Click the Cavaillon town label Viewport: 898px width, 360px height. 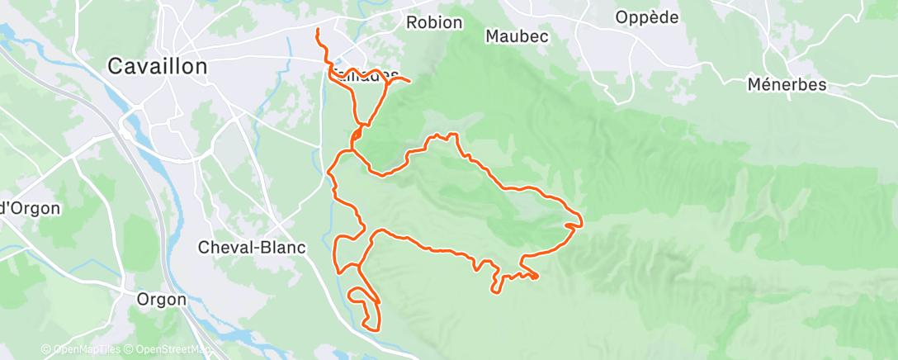[158, 67]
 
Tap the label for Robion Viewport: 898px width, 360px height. [434, 22]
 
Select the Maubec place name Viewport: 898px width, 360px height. [517, 36]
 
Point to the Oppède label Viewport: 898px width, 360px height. [647, 17]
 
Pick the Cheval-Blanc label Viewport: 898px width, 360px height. [241, 247]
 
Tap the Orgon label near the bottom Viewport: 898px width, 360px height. [162, 300]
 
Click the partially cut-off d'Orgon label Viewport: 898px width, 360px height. [30, 208]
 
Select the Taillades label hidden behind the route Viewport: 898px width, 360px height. [366, 75]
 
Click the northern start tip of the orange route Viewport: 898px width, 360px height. [318, 31]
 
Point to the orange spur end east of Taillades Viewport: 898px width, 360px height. [410, 81]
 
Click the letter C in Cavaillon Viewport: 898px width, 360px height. [116, 67]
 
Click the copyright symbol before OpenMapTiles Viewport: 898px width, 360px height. [46, 350]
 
